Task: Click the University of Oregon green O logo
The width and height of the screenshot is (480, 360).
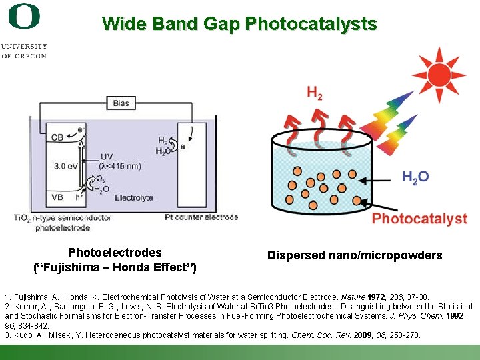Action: (24, 17)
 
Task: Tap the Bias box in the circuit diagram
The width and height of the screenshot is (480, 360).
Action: (121, 103)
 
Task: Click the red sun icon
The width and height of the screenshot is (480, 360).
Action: (438, 74)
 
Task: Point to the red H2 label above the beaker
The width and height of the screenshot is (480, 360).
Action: (315, 94)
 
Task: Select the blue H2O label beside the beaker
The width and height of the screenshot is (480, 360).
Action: (415, 177)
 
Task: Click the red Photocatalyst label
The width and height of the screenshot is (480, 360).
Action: (419, 219)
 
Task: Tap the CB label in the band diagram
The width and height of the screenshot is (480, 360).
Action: (58, 137)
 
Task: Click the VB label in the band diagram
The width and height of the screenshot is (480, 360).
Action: (58, 197)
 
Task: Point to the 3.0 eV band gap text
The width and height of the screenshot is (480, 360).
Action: (67, 166)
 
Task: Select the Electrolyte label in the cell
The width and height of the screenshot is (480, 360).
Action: (133, 198)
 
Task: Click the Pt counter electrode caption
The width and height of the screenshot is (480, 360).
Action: (201, 217)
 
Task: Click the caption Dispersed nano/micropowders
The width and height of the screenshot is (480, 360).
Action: (354, 255)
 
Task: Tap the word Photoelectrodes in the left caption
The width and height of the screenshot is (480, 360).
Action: (115, 253)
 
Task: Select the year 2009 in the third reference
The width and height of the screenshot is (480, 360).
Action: (362, 335)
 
